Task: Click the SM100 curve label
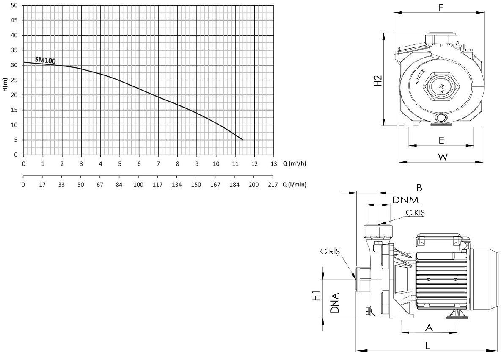[45, 61]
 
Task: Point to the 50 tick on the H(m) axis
[15, 6]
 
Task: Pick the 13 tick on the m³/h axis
[273, 163]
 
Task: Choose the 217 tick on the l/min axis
[273, 185]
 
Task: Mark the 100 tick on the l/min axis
[138, 185]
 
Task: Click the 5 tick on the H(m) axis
[17, 140]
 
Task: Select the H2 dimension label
[379, 81]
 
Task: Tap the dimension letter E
[441, 140]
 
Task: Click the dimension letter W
[442, 157]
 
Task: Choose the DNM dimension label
[405, 200]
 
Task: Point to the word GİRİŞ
[330, 252]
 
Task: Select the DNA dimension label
[334, 302]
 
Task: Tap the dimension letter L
[427, 345]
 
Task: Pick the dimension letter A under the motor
[429, 327]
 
